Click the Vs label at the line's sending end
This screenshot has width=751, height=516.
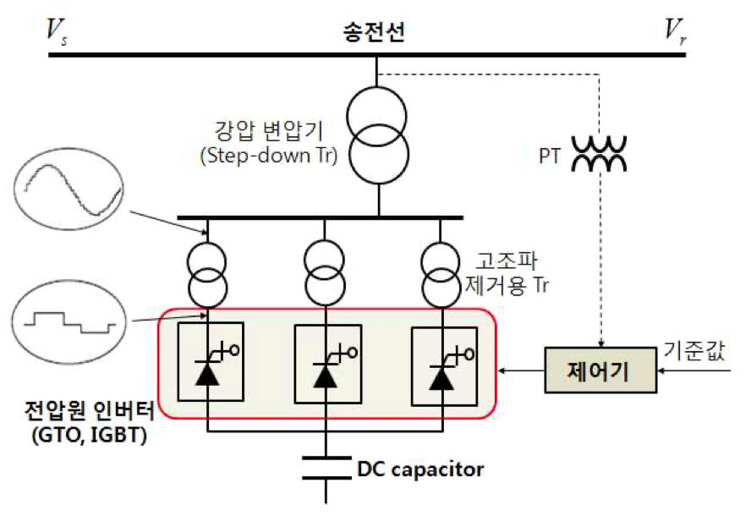(x=56, y=31)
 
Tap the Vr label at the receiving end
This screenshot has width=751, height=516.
(x=675, y=31)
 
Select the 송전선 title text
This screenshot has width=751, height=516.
(x=374, y=31)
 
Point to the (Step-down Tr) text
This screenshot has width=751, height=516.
(x=269, y=156)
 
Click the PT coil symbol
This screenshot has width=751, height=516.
(x=599, y=154)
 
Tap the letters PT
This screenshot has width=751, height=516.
(x=550, y=156)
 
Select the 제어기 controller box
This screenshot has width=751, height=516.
(x=600, y=370)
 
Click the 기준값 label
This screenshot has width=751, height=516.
(x=694, y=351)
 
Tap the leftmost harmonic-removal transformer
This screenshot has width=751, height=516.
(x=206, y=275)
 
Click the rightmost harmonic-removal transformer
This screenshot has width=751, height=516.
(x=441, y=275)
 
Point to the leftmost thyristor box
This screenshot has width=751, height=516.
(x=211, y=362)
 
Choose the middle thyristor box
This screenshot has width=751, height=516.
(x=328, y=364)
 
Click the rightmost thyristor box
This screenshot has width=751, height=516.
(x=445, y=366)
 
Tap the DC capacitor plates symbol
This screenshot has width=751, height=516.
(x=326, y=468)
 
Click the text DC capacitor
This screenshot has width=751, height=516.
(x=420, y=469)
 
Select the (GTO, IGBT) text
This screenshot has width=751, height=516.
(x=89, y=435)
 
